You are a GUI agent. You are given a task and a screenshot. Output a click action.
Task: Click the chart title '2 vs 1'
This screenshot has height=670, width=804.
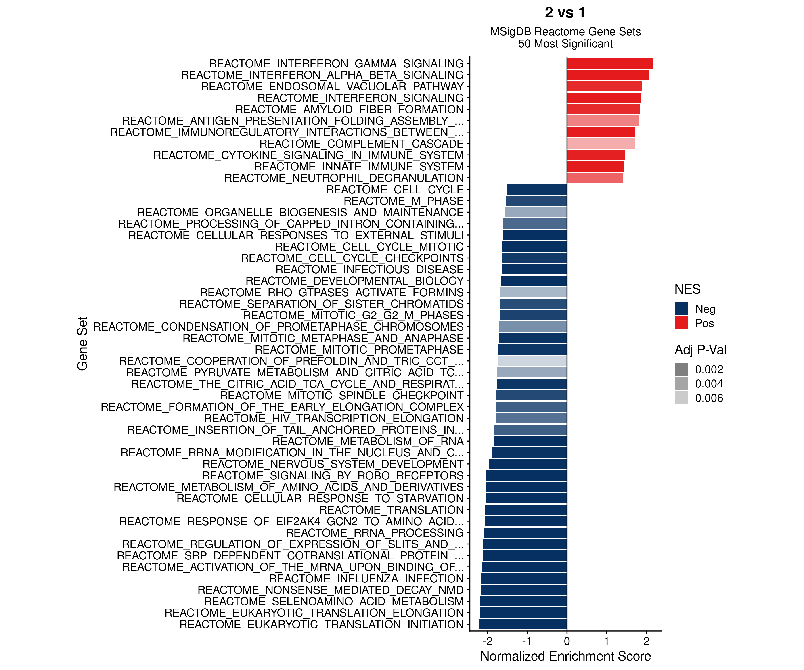565,13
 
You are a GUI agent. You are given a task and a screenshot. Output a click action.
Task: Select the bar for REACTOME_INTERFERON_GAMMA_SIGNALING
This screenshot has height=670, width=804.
609,64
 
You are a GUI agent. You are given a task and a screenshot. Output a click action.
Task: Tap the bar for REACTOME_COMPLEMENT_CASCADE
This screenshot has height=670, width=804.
601,144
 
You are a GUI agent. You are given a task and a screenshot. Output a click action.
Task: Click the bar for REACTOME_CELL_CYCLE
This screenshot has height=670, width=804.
537,190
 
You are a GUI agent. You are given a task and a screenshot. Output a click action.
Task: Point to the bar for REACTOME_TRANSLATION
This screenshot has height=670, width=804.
526,510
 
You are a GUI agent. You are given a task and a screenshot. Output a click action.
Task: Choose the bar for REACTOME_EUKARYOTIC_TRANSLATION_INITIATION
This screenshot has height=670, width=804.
523,624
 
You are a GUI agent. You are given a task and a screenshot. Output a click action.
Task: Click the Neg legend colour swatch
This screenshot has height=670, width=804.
681,309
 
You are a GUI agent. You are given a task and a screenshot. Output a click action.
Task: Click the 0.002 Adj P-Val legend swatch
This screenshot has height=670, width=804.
681,369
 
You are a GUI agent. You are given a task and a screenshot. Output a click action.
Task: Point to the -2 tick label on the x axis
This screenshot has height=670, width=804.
487,641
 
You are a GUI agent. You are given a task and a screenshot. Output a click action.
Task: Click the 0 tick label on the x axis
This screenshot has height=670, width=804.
567,641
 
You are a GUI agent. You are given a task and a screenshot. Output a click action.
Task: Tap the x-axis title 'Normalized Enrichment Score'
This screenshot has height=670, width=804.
565,656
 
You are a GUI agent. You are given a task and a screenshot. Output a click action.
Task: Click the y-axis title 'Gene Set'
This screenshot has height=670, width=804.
82,343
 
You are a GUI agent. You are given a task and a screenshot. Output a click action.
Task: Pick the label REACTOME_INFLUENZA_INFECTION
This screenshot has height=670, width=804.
366,578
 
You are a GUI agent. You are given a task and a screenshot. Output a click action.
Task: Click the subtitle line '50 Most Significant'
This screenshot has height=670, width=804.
565,44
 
